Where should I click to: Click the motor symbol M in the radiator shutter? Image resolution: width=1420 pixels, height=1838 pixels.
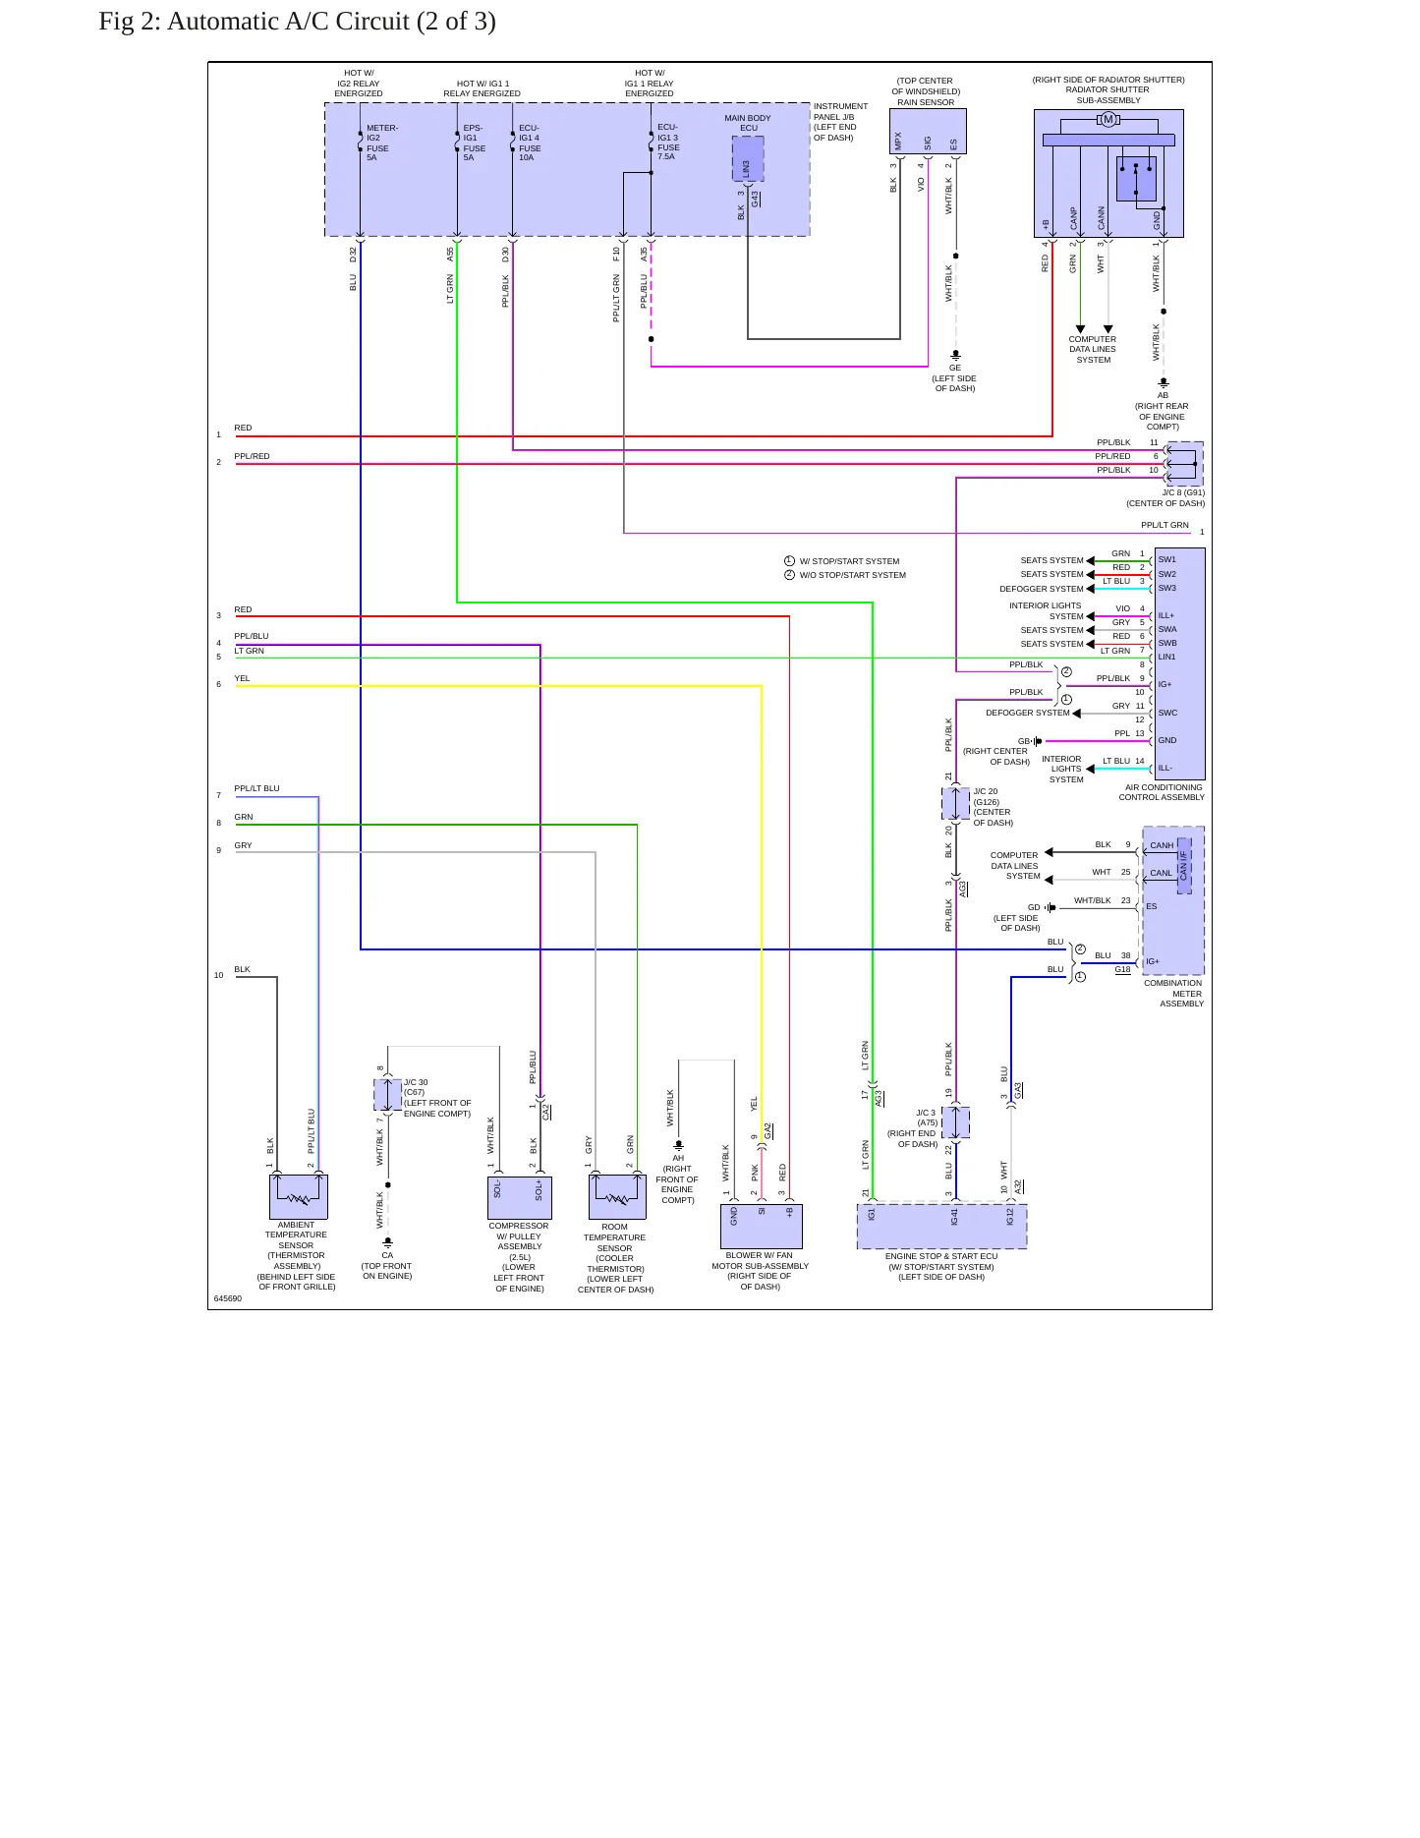(x=1108, y=120)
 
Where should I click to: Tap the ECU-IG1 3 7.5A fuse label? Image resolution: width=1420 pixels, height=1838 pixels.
(x=668, y=142)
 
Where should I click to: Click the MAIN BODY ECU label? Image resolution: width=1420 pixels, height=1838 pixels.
(x=748, y=123)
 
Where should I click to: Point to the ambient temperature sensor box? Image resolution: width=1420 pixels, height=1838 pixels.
(x=299, y=1197)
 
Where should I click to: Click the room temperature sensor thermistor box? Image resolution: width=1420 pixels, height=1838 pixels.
(x=617, y=1197)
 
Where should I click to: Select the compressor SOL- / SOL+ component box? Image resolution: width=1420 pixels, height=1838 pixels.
(x=520, y=1197)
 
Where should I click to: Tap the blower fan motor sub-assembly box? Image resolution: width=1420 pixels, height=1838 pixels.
(x=762, y=1226)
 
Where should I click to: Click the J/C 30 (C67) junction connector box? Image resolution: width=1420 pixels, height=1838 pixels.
(x=387, y=1094)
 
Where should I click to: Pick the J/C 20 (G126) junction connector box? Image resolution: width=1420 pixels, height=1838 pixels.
(x=955, y=803)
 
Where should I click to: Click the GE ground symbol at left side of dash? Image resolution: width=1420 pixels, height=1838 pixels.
(x=955, y=355)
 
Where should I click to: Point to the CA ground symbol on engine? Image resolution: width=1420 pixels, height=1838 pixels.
(x=388, y=1242)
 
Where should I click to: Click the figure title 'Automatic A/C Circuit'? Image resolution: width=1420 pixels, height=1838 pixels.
(x=297, y=21)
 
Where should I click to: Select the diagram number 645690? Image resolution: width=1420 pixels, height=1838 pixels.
(x=228, y=1298)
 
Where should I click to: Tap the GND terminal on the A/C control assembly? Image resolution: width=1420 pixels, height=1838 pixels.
(x=1167, y=740)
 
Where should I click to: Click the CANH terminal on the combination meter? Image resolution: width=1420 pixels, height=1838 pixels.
(x=1162, y=845)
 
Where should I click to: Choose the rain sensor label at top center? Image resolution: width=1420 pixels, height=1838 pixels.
(x=926, y=102)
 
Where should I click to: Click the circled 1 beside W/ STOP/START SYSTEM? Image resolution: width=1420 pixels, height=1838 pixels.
(x=789, y=561)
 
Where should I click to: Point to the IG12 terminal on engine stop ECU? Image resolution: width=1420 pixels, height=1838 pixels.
(x=1009, y=1216)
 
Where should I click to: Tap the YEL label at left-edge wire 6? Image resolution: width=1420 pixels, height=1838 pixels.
(x=242, y=678)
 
